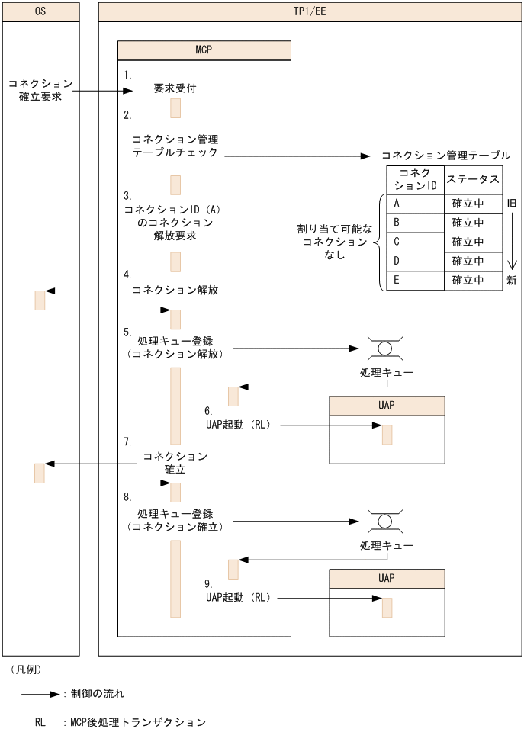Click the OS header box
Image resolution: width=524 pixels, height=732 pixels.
pyautogui.click(x=40, y=11)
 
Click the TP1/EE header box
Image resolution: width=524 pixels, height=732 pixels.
pyautogui.click(x=310, y=11)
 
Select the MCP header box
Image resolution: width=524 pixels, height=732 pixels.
pyautogui.click(x=204, y=50)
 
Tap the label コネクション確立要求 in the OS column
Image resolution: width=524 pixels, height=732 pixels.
pyautogui.click(x=40, y=90)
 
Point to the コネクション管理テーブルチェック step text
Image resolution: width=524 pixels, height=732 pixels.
pyautogui.click(x=175, y=146)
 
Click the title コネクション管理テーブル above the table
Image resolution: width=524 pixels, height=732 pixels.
pyautogui.click(x=445, y=155)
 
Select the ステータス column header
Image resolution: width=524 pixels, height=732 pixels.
pyautogui.click(x=473, y=180)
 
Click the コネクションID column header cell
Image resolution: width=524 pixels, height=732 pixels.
pyautogui.click(x=416, y=180)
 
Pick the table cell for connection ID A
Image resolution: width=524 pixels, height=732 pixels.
pyautogui.click(x=416, y=204)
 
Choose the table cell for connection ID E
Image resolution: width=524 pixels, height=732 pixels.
pyautogui.click(x=416, y=280)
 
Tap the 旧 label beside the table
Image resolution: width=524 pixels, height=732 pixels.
pyautogui.click(x=512, y=204)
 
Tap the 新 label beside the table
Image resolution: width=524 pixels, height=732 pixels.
pyautogui.click(x=512, y=280)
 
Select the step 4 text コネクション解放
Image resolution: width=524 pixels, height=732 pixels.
pyautogui.click(x=175, y=291)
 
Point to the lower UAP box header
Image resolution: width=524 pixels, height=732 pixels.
pyautogui.click(x=387, y=578)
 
